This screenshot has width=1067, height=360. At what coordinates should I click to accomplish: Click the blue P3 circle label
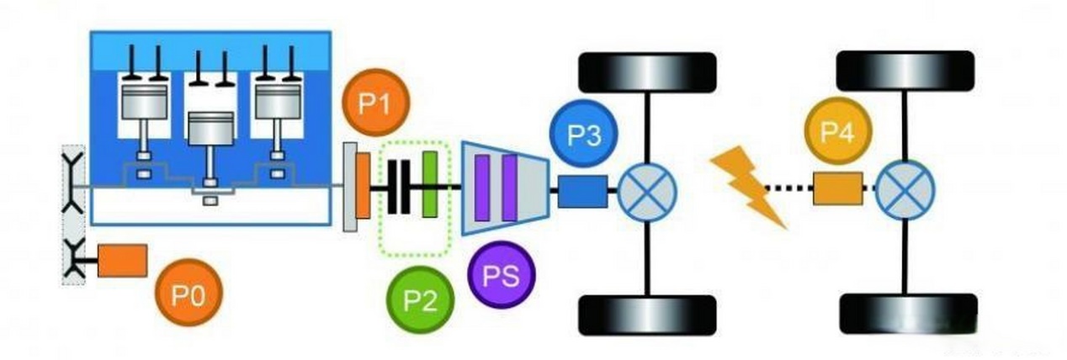582,135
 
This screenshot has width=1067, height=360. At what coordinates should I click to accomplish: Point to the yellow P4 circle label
838,134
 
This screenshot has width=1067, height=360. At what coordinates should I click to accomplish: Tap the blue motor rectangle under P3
581,191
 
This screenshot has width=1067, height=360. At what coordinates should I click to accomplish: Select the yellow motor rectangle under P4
837,188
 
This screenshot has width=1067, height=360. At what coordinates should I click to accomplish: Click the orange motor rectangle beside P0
123,260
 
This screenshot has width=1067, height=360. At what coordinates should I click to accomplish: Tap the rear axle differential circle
905,188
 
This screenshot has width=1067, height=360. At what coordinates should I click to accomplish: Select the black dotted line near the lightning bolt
788,188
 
